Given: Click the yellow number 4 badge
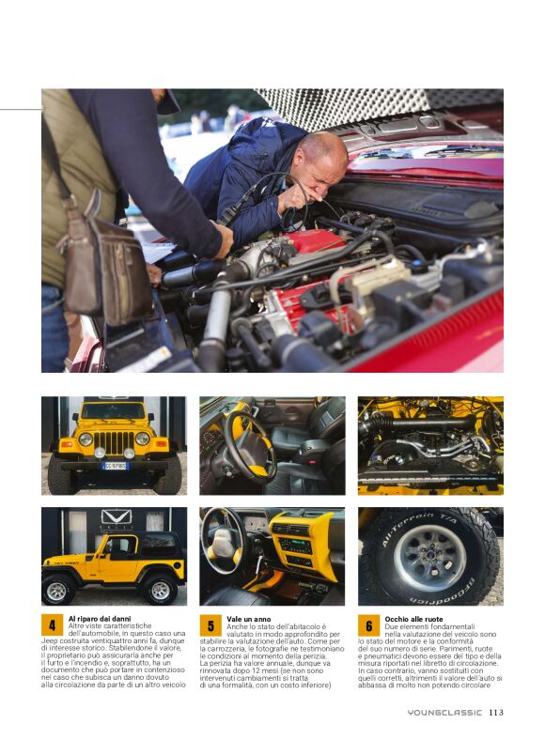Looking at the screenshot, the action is [x=53, y=625].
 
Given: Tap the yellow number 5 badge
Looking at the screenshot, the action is [x=210, y=625].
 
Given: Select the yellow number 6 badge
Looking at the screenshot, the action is [x=368, y=625].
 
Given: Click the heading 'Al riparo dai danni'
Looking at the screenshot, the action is [x=100, y=619].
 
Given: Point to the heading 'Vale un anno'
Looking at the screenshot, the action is [x=248, y=619].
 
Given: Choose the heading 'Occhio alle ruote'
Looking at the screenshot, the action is [x=413, y=619].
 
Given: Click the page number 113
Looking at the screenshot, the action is [x=496, y=712].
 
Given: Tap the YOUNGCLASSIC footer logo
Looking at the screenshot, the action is [x=444, y=712].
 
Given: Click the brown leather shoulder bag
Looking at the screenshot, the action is [x=106, y=264].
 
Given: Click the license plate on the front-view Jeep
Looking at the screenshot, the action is [x=114, y=466].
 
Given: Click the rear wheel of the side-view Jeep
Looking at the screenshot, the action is [x=160, y=590].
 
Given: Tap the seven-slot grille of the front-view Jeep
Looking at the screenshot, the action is [x=114, y=442].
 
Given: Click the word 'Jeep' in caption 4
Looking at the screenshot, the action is [x=49, y=641].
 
